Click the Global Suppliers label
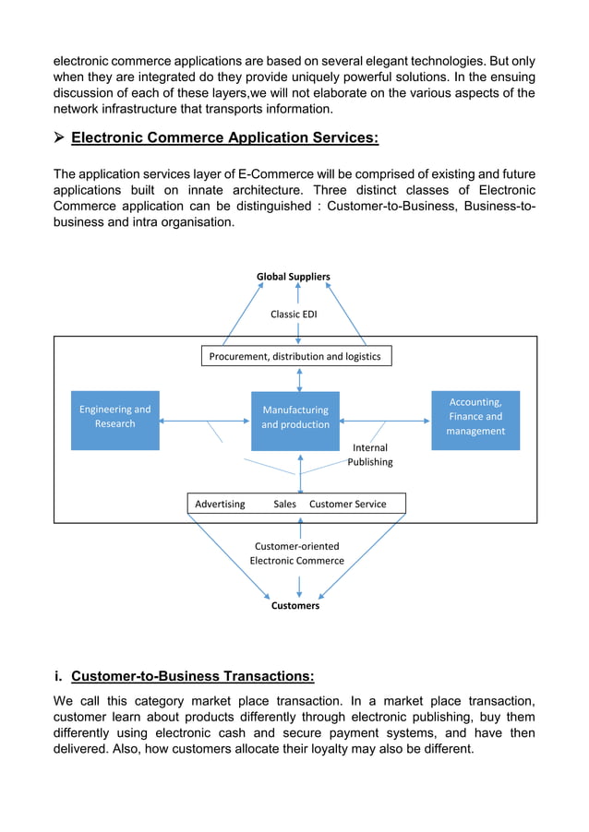pos(293,277)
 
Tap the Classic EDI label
pos(293,315)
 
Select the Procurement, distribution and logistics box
pos(296,356)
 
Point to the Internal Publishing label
pos(370,455)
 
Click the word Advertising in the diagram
pos(220,504)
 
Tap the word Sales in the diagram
pos(284,504)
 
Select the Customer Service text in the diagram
pos(347,504)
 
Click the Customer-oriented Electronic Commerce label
pos(296,553)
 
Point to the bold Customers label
pos(295,606)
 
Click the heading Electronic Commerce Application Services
pos(224,138)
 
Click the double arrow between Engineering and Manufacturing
pos(204,422)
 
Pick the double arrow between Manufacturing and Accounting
pos(385,422)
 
